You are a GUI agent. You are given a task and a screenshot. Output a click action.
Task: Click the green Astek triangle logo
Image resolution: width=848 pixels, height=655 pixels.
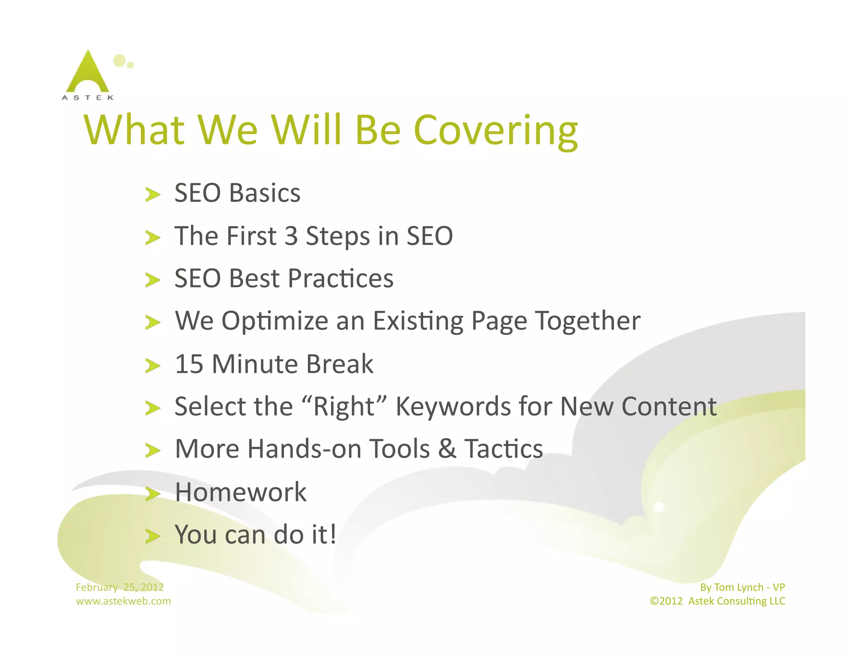point(88,73)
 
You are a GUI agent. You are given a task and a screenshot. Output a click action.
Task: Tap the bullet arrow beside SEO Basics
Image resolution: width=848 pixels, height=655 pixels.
point(152,194)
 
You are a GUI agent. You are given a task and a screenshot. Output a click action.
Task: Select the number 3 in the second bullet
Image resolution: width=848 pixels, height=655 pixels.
point(291,236)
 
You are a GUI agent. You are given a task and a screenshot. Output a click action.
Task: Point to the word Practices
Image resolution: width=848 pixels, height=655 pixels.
point(340,278)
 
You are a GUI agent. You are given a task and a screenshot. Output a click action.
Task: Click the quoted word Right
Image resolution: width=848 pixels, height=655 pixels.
point(344,407)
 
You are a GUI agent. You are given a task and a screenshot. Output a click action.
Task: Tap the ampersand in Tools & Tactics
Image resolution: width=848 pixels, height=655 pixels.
point(447,449)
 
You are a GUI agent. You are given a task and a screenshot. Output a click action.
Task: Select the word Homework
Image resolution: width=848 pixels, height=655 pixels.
point(241,492)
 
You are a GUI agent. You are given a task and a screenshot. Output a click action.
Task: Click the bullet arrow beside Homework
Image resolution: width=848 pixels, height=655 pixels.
point(152,494)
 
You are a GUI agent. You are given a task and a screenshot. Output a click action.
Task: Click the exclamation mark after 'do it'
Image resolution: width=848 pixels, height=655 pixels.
point(333,534)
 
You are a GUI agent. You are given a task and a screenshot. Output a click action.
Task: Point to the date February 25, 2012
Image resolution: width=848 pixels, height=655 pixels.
point(120,587)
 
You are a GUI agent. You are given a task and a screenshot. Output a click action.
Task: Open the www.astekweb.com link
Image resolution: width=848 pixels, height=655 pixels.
point(123,601)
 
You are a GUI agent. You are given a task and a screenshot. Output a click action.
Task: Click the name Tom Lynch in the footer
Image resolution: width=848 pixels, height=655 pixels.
point(739,587)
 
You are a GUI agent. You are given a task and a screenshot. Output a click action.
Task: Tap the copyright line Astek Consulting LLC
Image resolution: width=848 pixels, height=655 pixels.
point(736,601)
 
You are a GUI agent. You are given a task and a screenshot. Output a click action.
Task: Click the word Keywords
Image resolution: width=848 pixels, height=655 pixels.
point(453,407)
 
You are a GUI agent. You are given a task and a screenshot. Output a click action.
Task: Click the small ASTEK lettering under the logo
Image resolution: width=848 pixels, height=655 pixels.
point(87,98)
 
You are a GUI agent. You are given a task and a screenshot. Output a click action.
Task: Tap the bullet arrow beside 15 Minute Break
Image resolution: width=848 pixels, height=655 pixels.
point(152,366)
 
